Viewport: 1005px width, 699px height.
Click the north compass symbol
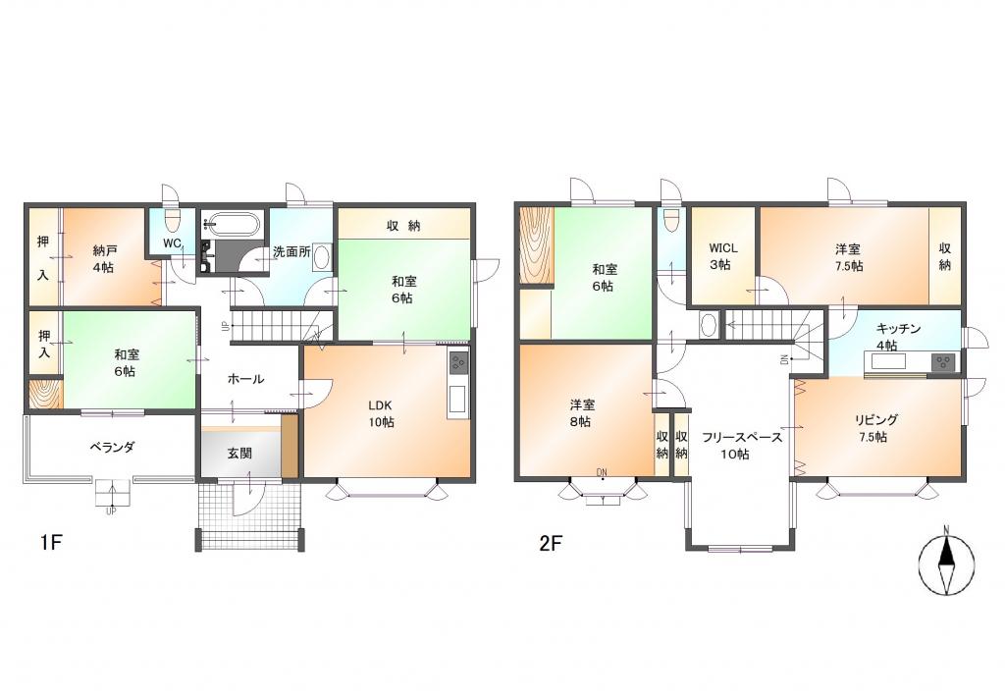point(946,563)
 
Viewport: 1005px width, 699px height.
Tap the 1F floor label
point(51,543)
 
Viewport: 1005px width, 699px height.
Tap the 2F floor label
point(550,544)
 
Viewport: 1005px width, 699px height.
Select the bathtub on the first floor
point(231,225)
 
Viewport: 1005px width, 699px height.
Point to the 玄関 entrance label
point(239,454)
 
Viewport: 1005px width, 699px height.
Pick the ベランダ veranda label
point(112,448)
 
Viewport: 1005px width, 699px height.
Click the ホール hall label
point(246,379)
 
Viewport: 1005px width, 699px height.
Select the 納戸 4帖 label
point(104,258)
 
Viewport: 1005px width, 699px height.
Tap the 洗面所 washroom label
point(291,251)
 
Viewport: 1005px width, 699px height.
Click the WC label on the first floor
point(172,243)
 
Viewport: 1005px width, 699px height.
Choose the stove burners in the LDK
point(459,363)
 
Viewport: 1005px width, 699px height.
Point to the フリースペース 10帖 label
point(741,446)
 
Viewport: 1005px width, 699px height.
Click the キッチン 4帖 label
point(898,337)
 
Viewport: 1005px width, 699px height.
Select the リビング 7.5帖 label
point(875,428)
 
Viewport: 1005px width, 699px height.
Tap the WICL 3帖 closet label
point(723,256)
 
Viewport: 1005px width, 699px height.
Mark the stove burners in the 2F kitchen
point(943,362)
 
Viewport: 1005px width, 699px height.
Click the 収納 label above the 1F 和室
point(403,225)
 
